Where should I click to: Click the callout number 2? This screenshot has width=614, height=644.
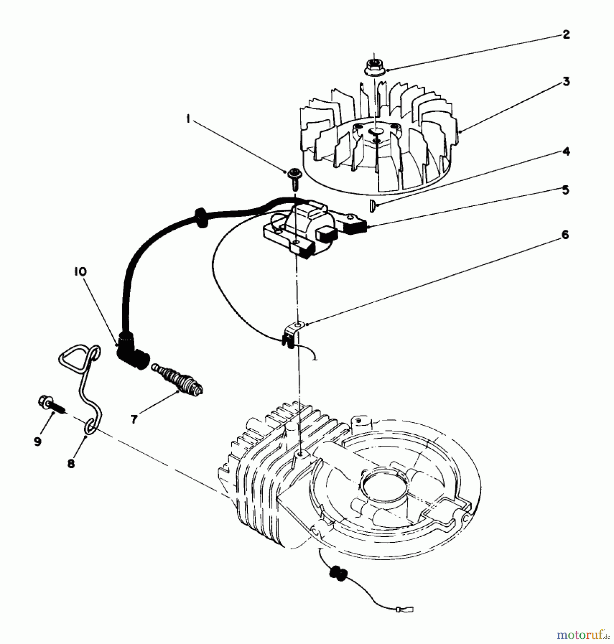point(566,35)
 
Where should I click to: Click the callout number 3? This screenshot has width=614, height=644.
point(566,82)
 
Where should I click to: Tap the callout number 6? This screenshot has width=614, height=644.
point(565,235)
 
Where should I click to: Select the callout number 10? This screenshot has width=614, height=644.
point(80,272)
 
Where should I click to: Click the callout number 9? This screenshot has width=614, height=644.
point(38,441)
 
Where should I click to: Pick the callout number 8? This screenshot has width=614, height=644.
point(71,464)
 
